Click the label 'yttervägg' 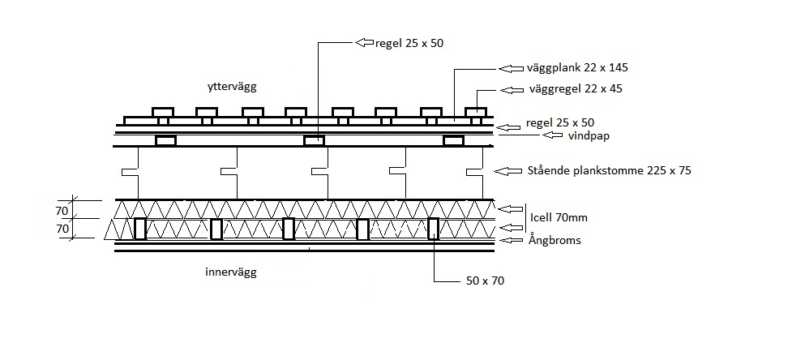click(x=232, y=87)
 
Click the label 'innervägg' click(x=230, y=272)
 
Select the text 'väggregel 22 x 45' click(x=576, y=89)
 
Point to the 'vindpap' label click(x=589, y=136)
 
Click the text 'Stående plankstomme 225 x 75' click(x=610, y=170)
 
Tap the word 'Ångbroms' click(x=555, y=240)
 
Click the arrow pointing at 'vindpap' click(x=552, y=135)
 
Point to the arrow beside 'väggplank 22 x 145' click(x=511, y=68)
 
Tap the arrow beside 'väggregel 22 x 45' click(x=512, y=90)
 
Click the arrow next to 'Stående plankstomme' click(x=507, y=171)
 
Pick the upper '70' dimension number click(x=62, y=211)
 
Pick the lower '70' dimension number click(x=62, y=229)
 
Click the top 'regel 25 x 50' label click(x=409, y=44)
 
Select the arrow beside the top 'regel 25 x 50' click(x=365, y=43)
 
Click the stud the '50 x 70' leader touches click(x=433, y=229)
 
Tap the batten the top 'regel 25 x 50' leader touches click(x=315, y=141)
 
